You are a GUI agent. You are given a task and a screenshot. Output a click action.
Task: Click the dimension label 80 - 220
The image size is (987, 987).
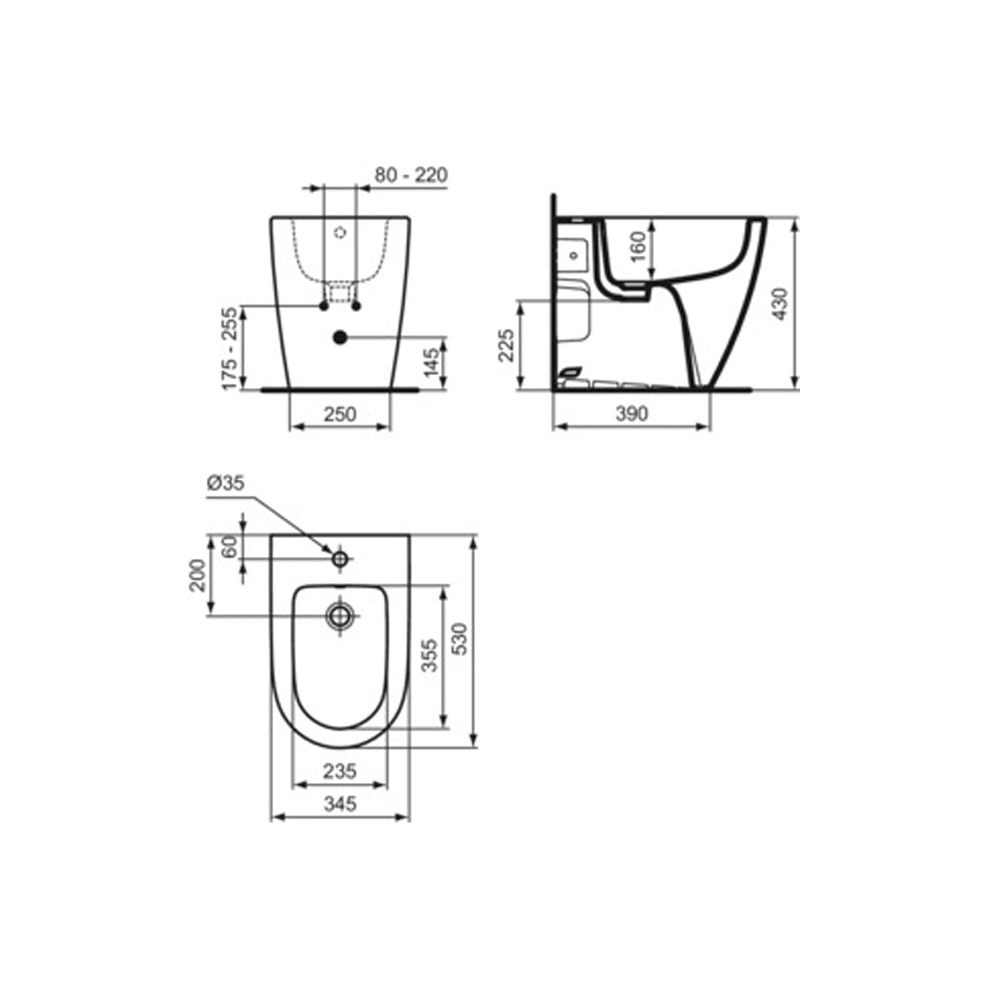[411, 175]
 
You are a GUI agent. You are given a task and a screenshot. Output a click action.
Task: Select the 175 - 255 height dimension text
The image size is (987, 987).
[230, 347]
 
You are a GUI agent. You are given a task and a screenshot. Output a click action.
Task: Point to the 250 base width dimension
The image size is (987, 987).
[340, 414]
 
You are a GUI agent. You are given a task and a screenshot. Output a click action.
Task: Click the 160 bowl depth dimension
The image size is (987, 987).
[637, 246]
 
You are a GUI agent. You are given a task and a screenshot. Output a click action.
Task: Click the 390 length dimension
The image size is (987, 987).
[631, 413]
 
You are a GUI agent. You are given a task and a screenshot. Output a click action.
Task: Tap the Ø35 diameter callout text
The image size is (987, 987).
[225, 483]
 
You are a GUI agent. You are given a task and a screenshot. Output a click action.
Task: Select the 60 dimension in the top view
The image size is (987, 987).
[229, 547]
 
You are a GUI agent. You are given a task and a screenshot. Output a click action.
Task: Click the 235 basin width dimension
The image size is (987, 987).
[340, 770]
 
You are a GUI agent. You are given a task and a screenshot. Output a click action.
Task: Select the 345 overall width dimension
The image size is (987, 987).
[340, 803]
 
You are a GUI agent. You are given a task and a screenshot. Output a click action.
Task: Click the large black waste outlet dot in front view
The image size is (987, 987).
[340, 338]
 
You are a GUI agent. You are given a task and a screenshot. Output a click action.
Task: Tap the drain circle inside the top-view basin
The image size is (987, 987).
[340, 616]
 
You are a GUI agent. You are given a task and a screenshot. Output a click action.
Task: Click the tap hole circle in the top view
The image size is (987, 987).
[340, 559]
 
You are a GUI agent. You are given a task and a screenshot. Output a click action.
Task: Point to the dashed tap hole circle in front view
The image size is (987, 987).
[340, 232]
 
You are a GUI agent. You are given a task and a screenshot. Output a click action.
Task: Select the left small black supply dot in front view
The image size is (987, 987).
[323, 307]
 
